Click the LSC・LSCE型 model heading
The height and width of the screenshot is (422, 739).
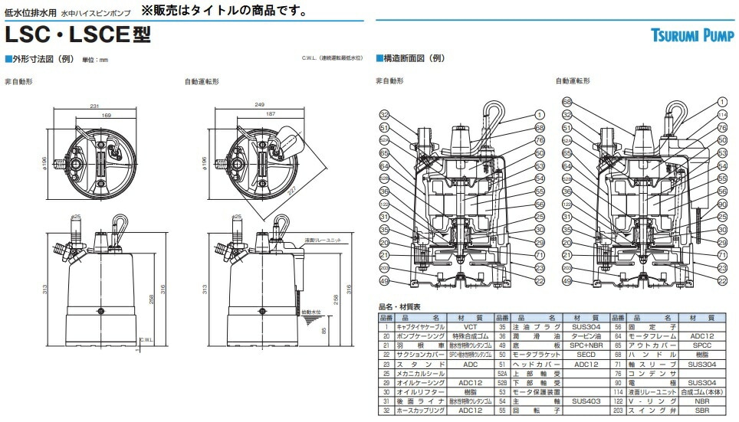[x=77, y=34]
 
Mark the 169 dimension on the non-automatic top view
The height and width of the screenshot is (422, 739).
[x=107, y=114]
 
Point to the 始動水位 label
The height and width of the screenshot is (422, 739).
[x=311, y=312]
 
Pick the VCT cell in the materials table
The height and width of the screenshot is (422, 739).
[x=469, y=326]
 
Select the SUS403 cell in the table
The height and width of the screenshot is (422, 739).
[x=586, y=400]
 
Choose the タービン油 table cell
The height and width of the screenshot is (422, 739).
[x=586, y=335]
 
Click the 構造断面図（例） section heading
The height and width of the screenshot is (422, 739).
[x=414, y=58]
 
